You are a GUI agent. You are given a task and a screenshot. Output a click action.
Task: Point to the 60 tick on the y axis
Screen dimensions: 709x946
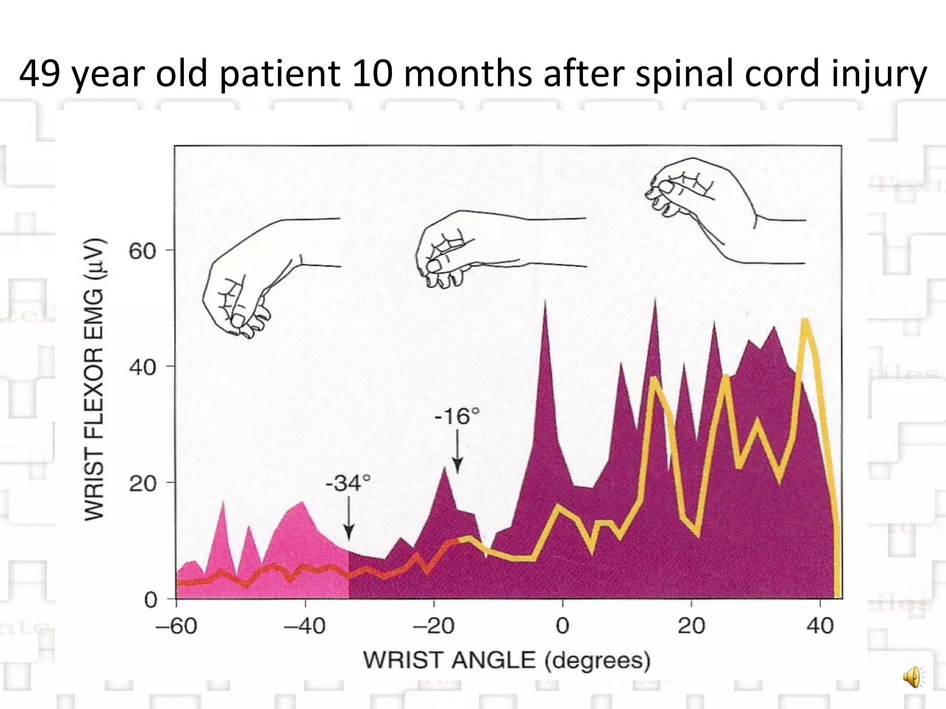pos(143,252)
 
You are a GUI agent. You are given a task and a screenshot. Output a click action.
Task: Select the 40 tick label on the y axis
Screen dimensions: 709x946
pos(143,368)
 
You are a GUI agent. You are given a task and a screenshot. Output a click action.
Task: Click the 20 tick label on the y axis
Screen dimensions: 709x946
pos(143,484)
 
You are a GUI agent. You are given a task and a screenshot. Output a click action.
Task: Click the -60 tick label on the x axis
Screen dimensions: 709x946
pos(176,626)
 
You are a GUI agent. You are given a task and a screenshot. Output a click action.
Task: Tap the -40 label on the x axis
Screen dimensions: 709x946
pos(304,626)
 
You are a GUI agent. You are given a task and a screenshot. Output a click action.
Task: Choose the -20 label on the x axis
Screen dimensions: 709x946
pos(433,626)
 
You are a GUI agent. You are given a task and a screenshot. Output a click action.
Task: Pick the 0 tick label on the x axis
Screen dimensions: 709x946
pos(562,626)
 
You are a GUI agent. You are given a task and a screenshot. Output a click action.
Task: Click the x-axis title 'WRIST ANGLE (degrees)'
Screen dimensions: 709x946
pos(507,661)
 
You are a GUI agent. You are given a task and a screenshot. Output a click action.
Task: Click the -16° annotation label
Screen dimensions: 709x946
pos(457,417)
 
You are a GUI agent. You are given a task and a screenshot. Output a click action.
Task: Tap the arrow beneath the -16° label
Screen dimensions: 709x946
pos(457,451)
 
